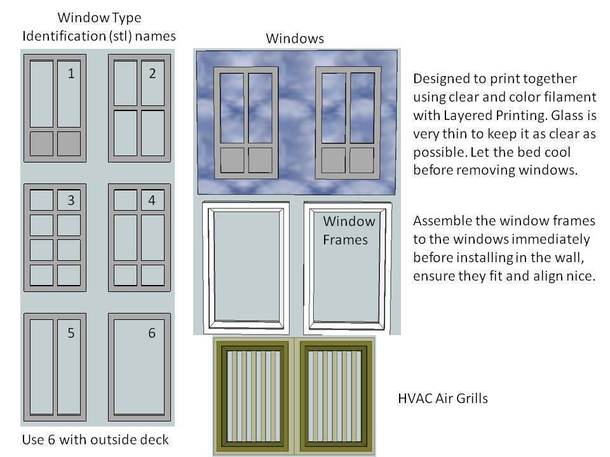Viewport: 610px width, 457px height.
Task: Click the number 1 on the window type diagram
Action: pyautogui.click(x=71, y=74)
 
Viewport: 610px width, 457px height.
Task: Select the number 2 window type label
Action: pyautogui.click(x=152, y=74)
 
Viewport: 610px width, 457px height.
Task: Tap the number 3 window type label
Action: pyautogui.click(x=71, y=201)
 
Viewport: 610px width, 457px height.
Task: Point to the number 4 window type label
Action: pyautogui.click(x=152, y=201)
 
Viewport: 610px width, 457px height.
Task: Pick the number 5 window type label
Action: pyautogui.click(x=71, y=333)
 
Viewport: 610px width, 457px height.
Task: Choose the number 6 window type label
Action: pyautogui.click(x=152, y=333)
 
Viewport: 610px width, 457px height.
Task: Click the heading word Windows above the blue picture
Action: pyautogui.click(x=295, y=38)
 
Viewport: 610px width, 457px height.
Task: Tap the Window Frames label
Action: pyautogui.click(x=349, y=230)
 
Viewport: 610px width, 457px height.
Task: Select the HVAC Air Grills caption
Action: pyautogui.click(x=443, y=399)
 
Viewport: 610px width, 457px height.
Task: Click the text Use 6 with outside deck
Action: pyautogui.click(x=95, y=440)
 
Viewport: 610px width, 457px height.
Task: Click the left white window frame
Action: pyautogui.click(x=246, y=267)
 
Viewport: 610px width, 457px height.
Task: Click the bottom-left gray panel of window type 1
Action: pyautogui.click(x=42, y=143)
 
